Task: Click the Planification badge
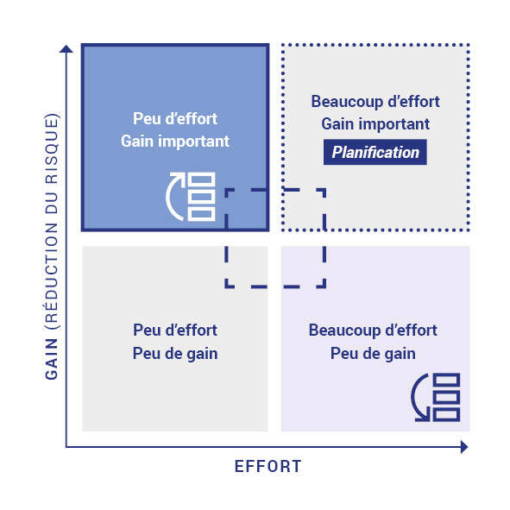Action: click(375, 152)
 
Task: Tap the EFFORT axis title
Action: click(268, 466)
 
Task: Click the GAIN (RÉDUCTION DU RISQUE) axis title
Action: click(52, 246)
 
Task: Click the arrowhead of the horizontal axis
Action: click(464, 447)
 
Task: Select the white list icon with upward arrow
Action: click(191, 197)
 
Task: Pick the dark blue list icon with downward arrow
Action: click(436, 398)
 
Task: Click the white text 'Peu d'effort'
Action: click(175, 118)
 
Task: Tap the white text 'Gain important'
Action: click(175, 142)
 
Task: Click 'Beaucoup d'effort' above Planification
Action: click(375, 102)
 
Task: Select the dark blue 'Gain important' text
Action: click(375, 124)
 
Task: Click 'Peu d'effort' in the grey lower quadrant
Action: click(175, 331)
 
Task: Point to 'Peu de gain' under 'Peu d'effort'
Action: click(175, 354)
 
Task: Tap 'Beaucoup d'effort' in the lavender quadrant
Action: click(373, 331)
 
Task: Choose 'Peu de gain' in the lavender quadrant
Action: click(373, 354)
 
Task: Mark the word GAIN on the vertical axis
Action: click(52, 359)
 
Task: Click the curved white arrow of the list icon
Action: click(175, 197)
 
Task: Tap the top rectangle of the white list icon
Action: click(202, 179)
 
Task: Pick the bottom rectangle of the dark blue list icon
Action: click(447, 415)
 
